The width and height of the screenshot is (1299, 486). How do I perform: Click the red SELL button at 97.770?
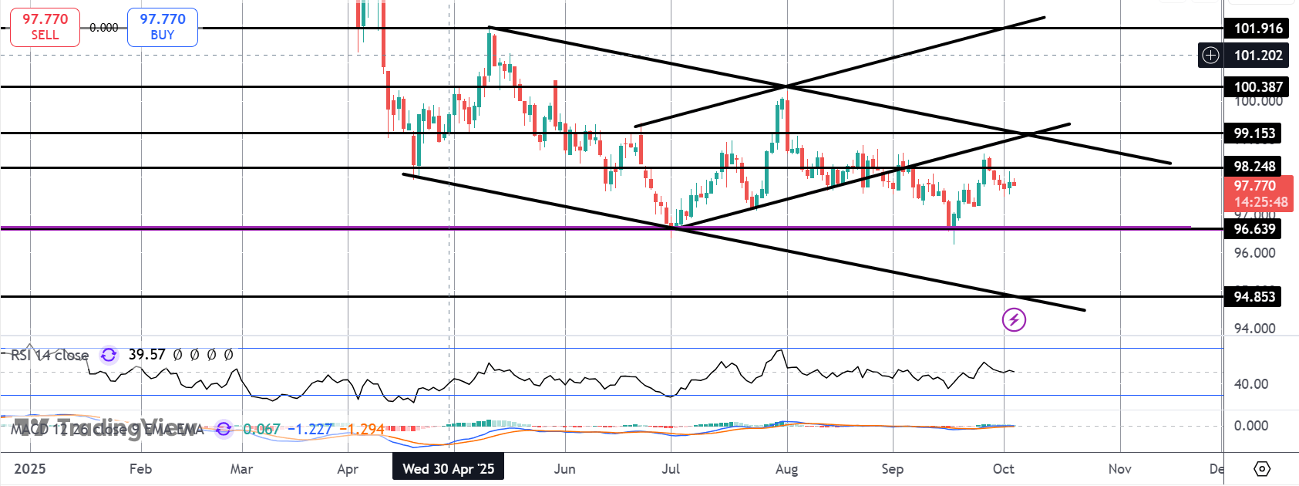tap(45, 27)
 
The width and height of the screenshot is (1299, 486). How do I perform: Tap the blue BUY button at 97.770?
tap(162, 27)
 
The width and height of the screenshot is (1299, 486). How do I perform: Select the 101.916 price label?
tap(1257, 29)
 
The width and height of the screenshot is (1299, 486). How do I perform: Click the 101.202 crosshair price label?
tap(1257, 56)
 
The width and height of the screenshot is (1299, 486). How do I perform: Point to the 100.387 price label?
tap(1257, 87)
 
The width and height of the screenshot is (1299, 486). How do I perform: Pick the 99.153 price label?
tap(1254, 133)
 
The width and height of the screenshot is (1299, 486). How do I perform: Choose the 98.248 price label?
tap(1254, 167)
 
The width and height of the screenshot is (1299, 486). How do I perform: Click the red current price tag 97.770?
tap(1257, 194)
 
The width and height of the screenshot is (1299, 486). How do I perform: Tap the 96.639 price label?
tap(1254, 229)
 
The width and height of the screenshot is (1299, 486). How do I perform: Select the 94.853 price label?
tap(1254, 297)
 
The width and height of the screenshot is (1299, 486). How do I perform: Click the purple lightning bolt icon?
tap(1014, 319)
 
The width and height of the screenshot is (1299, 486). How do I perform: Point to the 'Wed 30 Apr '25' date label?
tap(448, 469)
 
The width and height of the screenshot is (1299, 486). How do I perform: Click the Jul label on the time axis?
tap(671, 469)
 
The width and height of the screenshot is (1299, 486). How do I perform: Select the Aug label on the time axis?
tap(786, 469)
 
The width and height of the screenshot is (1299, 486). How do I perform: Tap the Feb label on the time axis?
tap(140, 469)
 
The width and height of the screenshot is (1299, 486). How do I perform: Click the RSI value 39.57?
tap(146, 355)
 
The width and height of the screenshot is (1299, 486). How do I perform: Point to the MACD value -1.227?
tap(310, 429)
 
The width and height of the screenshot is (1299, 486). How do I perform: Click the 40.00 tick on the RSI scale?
tap(1250, 384)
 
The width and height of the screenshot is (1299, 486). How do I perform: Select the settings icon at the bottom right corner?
tap(1262, 469)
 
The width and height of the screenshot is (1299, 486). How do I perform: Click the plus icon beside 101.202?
tap(1211, 56)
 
